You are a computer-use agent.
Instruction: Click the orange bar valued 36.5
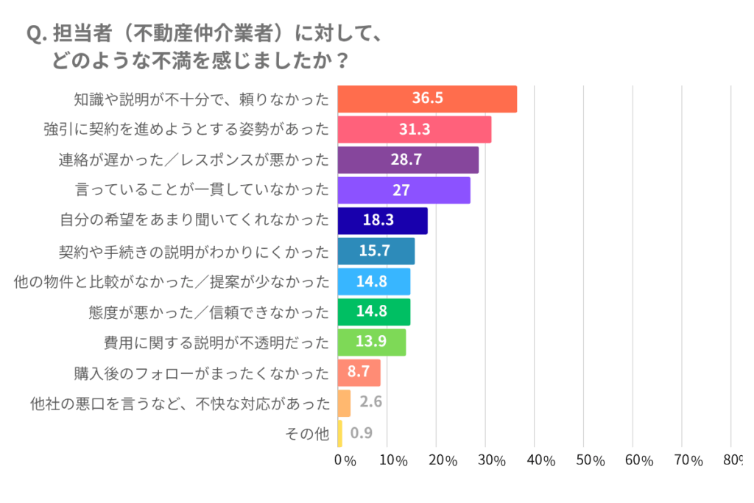[427, 99]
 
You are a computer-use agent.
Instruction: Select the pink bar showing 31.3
[415, 130]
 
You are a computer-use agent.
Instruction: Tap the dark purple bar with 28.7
[408, 160]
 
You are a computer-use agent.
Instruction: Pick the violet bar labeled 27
[404, 190]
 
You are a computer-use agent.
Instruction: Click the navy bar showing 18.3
[382, 220]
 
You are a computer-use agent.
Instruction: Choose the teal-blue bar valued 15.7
[376, 251]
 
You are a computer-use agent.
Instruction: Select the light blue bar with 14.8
[373, 281]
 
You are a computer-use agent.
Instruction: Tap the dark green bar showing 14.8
[373, 312]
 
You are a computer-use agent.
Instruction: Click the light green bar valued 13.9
[371, 342]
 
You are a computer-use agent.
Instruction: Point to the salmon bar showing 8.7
[359, 373]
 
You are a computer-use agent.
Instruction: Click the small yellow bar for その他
[339, 434]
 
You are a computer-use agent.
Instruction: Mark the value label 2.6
[372, 403]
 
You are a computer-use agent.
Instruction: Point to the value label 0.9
[362, 434]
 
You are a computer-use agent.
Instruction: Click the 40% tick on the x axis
[541, 461]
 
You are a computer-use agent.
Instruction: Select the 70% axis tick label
[688, 461]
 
